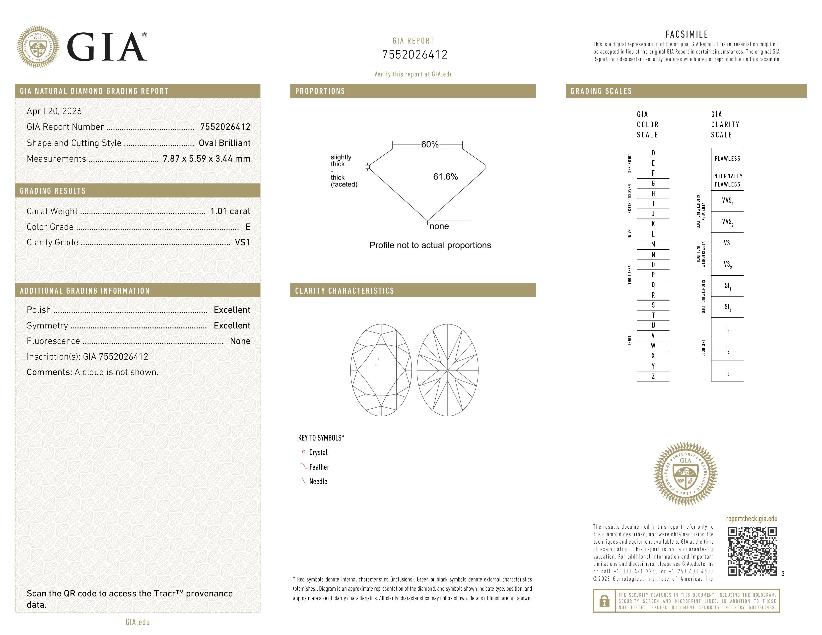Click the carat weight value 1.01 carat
tap(230, 211)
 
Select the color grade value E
tap(248, 227)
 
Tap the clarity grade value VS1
tap(242, 242)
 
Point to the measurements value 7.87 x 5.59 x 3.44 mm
tap(206, 159)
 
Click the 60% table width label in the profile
tap(429, 144)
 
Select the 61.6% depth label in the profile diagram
tap(445, 177)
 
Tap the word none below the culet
tap(439, 226)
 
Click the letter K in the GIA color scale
tap(653, 224)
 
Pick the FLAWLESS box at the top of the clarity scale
tap(727, 158)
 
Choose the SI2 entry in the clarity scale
tap(727, 307)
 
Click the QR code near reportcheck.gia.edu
tap(752, 551)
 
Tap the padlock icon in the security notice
tap(604, 601)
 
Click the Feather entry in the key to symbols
tap(319, 467)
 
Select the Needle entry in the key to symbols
tap(318, 482)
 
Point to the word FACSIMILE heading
tap(686, 34)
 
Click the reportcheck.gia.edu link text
tap(751, 519)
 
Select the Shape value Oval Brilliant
tap(224, 143)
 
